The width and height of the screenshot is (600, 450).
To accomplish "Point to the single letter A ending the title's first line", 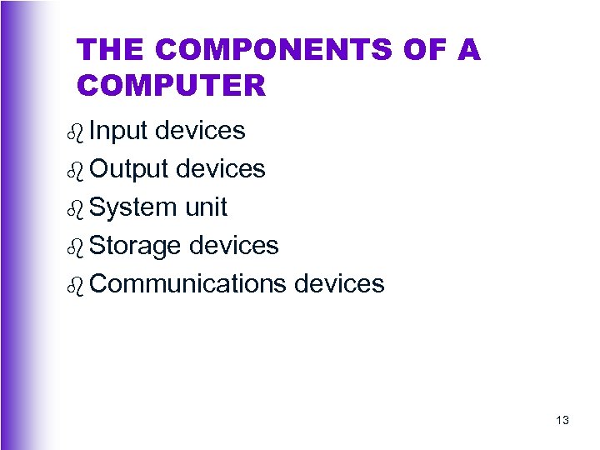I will coord(469,51).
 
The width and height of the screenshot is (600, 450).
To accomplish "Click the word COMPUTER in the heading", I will coord(171,85).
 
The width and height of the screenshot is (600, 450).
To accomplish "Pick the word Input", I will coord(118,131).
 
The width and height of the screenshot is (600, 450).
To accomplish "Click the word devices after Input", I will coord(200,131).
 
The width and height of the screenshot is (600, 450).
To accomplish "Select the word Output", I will coord(128,169).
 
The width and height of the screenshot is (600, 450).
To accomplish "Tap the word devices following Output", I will coord(220,169).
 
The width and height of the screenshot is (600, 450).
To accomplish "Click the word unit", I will coord(206,207).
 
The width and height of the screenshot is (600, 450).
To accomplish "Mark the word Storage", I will coord(136,246).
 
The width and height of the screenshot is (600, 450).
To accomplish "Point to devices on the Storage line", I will coord(234,246).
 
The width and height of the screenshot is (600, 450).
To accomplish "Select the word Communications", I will coord(187,284).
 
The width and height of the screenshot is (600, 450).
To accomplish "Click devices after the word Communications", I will coord(339,284).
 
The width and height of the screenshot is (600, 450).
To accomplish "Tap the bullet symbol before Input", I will coord(76,132).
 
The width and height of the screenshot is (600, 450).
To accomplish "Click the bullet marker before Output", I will coord(76,170).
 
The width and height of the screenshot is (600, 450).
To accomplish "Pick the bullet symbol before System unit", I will coord(76,208).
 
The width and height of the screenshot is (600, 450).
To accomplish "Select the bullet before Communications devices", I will coord(76,285).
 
